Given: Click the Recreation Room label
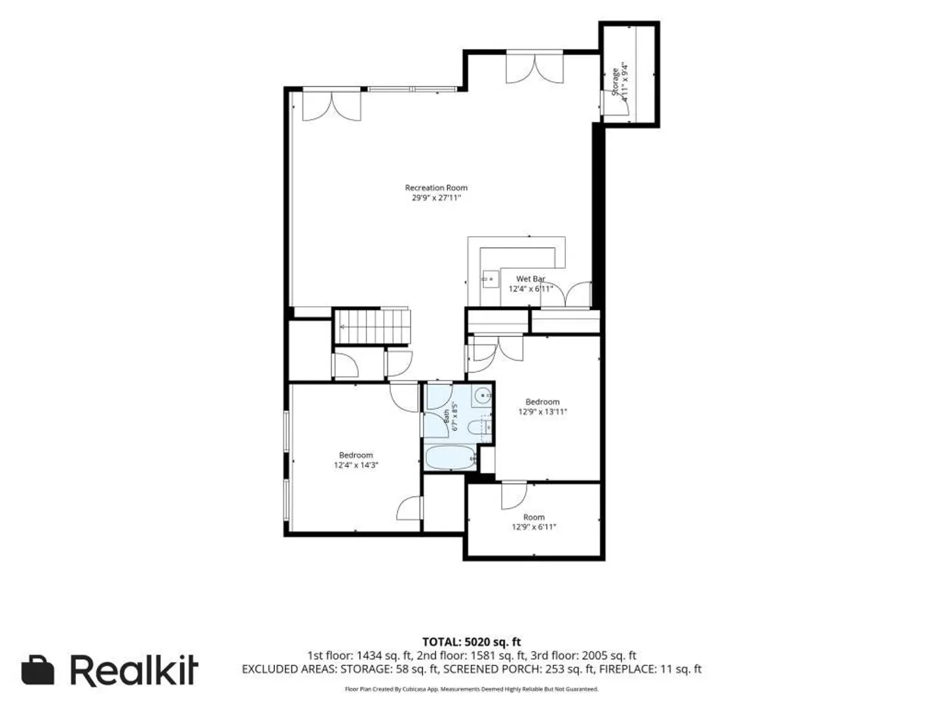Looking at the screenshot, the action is (x=435, y=187).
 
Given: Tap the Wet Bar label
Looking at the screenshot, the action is (x=530, y=279).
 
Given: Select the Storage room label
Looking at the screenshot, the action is (x=615, y=82).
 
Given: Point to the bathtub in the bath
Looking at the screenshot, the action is (x=449, y=458).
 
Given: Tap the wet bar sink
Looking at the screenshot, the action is (x=489, y=279).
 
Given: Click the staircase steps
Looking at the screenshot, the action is (x=372, y=326).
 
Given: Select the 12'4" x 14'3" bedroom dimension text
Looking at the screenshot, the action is (x=356, y=465).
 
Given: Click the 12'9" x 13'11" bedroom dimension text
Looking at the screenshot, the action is (x=542, y=412).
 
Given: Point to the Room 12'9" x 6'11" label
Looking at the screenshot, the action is (x=534, y=521).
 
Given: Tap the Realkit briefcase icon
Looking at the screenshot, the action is (x=38, y=670).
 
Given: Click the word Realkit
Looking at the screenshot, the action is (x=134, y=670).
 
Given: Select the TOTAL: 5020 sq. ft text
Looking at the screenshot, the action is (x=471, y=642).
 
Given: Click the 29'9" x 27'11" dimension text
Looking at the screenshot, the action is (x=436, y=198).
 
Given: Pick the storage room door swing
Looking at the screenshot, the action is (x=616, y=103).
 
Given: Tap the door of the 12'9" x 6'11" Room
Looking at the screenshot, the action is (x=514, y=496).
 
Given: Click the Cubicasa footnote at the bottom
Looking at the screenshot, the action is (x=471, y=688).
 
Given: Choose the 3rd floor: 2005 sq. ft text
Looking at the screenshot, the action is (x=609, y=656).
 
